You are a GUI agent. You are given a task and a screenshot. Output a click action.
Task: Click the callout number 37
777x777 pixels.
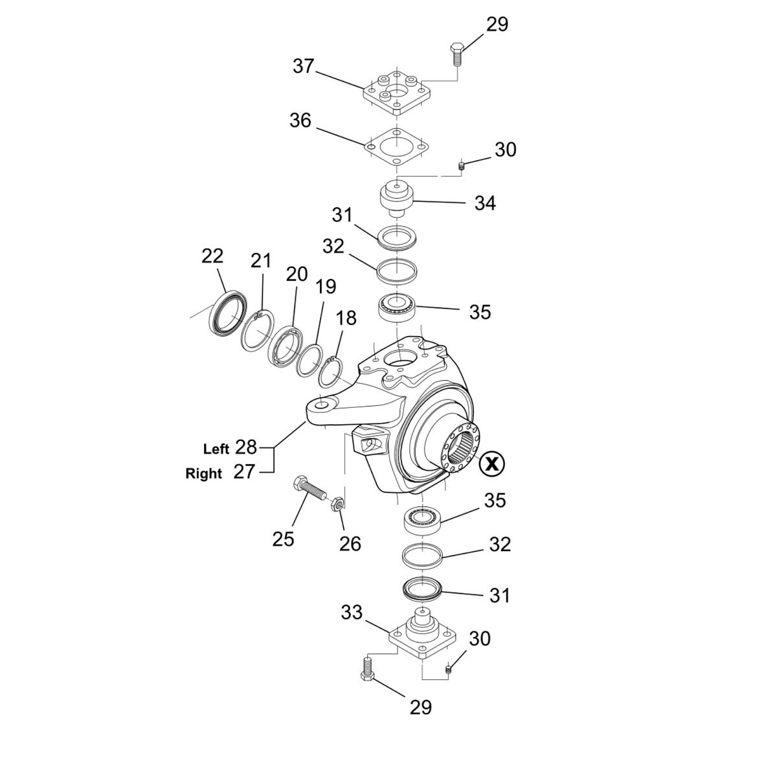click(x=303, y=66)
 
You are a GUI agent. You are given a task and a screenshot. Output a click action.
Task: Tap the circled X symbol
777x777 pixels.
click(x=493, y=463)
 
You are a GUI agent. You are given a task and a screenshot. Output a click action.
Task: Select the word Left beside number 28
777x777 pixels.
click(x=216, y=449)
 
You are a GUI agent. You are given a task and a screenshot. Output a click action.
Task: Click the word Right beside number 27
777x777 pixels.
click(x=204, y=473)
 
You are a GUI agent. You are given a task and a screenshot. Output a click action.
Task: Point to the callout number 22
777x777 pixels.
click(x=212, y=256)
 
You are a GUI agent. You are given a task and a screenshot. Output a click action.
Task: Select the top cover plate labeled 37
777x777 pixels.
click(x=396, y=94)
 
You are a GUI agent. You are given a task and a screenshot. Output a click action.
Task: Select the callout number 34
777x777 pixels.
click(x=485, y=203)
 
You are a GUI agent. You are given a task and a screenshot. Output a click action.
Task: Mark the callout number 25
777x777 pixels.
click(x=283, y=538)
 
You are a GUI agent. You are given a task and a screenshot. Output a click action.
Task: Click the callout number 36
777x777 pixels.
click(x=300, y=121)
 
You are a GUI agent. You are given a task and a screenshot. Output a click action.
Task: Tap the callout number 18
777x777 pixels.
click(x=346, y=317)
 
